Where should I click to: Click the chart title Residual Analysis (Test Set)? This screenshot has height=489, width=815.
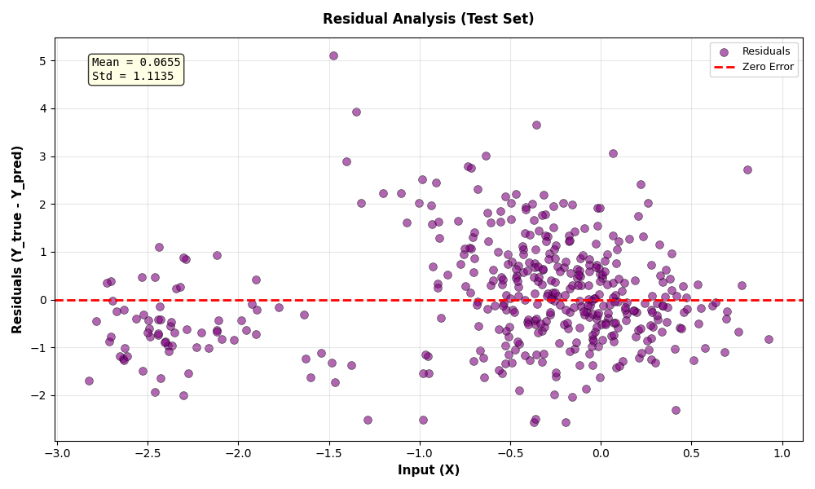pyautogui.click(x=428, y=19)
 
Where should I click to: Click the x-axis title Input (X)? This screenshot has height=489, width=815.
pyautogui.click(x=428, y=470)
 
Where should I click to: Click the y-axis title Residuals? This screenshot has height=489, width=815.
pyautogui.click(x=17, y=239)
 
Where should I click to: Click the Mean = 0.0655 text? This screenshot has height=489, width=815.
pyautogui.click(x=136, y=63)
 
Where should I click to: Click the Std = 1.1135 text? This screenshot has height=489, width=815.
pyautogui.click(x=133, y=77)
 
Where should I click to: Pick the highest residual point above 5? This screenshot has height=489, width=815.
pyautogui.click(x=333, y=55)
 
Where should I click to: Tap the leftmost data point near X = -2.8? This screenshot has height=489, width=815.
pyautogui.click(x=89, y=381)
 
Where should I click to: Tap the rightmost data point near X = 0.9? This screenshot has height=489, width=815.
pyautogui.click(x=769, y=339)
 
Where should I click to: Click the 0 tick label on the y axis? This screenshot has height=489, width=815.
pyautogui.click(x=42, y=300)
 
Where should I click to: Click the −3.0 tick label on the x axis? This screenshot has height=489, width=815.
pyautogui.click(x=56, y=452)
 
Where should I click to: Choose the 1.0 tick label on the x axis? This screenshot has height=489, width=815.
pyautogui.click(x=782, y=452)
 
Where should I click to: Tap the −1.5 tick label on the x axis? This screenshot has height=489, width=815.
pyautogui.click(x=328, y=452)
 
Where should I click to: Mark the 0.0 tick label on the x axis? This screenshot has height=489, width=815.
pyautogui.click(x=601, y=452)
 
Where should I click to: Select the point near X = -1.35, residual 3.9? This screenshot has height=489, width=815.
pyautogui.click(x=356, y=112)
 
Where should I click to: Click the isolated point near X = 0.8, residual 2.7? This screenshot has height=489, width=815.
pyautogui.click(x=747, y=170)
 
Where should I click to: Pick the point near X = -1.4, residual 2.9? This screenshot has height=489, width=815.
pyautogui.click(x=346, y=161)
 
